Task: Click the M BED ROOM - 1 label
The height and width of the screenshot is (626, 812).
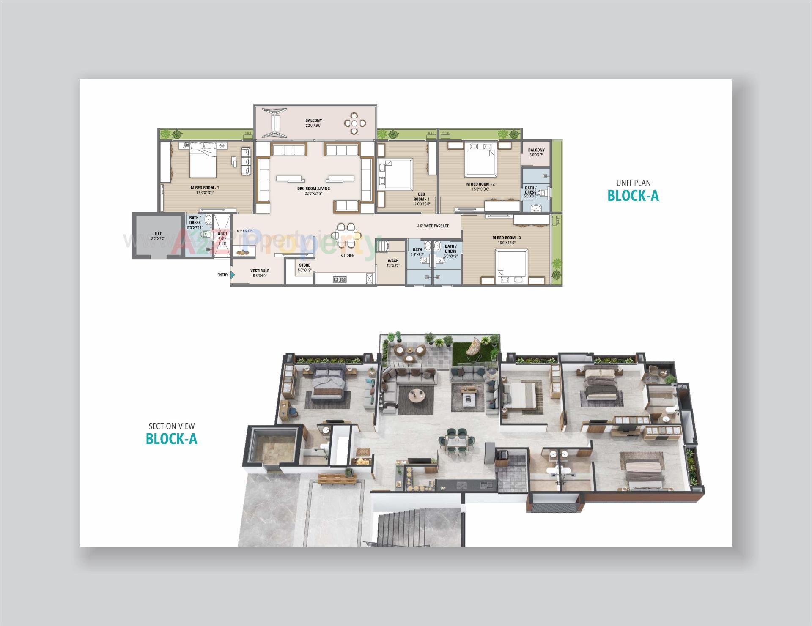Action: click(x=205, y=188)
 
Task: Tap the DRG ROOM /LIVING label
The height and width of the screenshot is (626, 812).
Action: click(x=313, y=189)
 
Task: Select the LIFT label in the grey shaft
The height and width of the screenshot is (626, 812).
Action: click(x=158, y=234)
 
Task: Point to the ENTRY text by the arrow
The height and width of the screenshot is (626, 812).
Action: click(x=222, y=275)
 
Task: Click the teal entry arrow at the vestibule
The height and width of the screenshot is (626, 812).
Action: click(x=232, y=275)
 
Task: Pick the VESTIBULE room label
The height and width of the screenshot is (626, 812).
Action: click(x=259, y=271)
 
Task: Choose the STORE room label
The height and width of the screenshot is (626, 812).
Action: click(x=304, y=265)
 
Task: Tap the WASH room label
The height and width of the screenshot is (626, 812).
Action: click(x=392, y=261)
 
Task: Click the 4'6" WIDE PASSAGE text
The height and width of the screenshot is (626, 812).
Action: click(x=433, y=226)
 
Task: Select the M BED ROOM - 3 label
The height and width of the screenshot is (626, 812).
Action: click(x=506, y=238)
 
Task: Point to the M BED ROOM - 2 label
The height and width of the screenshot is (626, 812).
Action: click(x=480, y=184)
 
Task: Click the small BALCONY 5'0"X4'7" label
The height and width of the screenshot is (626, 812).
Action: click(x=536, y=150)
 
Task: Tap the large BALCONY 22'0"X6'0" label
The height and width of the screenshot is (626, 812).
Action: click(x=313, y=121)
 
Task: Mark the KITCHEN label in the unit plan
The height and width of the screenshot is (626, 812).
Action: click(x=347, y=255)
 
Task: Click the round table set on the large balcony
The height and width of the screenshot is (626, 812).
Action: click(x=355, y=123)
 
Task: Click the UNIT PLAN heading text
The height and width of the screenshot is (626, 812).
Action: click(x=633, y=183)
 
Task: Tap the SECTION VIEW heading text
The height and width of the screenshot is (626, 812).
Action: click(x=171, y=426)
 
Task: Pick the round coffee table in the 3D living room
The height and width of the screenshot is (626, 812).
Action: click(x=417, y=396)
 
